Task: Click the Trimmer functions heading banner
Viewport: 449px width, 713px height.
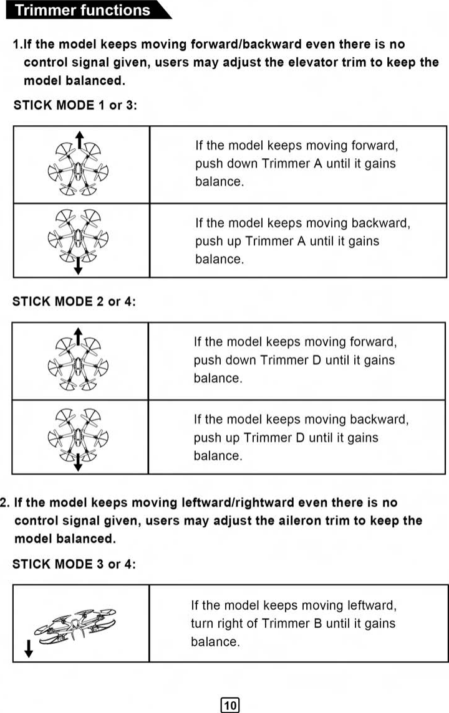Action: [84, 11]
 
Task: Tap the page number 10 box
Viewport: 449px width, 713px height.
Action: [230, 705]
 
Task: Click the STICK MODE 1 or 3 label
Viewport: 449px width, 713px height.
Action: [74, 105]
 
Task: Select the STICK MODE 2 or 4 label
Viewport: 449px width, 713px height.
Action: [74, 301]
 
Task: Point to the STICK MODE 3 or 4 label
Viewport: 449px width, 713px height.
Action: [74, 564]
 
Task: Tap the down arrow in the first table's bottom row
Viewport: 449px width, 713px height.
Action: [77, 267]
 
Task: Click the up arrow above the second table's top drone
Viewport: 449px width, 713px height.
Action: [77, 335]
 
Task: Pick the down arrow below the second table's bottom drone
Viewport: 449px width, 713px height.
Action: [77, 463]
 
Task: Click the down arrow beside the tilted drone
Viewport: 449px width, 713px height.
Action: [28, 649]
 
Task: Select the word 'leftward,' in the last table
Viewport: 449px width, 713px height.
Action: [365, 605]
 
